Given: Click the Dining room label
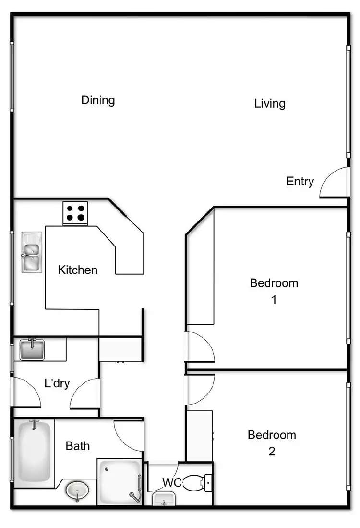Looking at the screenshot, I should (x=98, y=100).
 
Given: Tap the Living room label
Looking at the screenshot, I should (x=270, y=103).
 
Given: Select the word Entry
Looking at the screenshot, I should (x=300, y=182).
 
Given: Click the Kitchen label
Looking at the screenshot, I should (x=78, y=270).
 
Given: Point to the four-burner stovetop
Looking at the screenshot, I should (x=75, y=213).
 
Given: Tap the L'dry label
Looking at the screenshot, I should (x=57, y=384).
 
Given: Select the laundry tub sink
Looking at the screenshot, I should (x=32, y=349).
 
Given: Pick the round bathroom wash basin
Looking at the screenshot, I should (x=77, y=491).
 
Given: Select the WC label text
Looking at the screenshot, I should (x=171, y=482).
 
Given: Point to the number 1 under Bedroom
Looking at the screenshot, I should (x=274, y=300).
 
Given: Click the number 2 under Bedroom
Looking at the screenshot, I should (x=272, y=452).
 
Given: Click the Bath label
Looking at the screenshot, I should (x=78, y=446).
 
